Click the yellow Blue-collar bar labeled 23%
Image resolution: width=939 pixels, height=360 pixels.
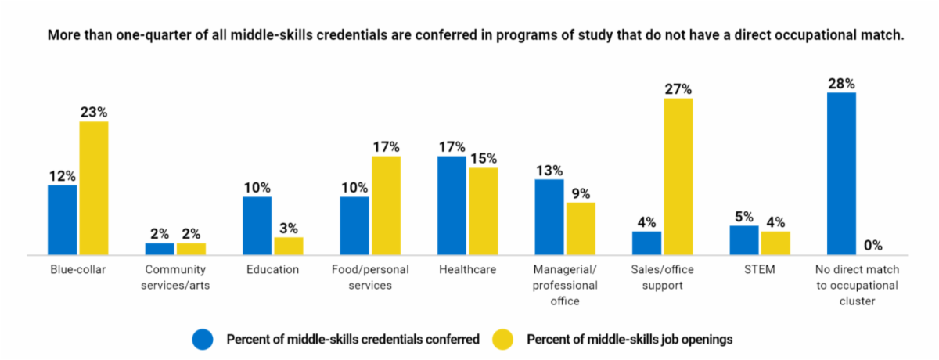tap(94, 188)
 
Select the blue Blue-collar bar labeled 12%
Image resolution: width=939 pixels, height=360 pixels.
tap(63, 220)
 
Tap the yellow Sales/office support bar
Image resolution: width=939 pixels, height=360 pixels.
tap(678, 177)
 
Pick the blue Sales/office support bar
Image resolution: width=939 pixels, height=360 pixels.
tap(646, 243)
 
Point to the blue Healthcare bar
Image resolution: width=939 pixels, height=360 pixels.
tap(452, 206)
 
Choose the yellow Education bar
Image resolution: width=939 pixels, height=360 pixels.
tap(289, 246)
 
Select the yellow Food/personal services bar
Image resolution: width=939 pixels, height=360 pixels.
tap(386, 206)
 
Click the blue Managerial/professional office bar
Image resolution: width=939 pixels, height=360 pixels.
tap(549, 217)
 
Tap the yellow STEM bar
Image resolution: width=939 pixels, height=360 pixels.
tap(775, 243)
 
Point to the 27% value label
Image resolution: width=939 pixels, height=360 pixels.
tap(678, 89)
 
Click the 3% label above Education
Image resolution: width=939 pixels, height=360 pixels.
tap(289, 229)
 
